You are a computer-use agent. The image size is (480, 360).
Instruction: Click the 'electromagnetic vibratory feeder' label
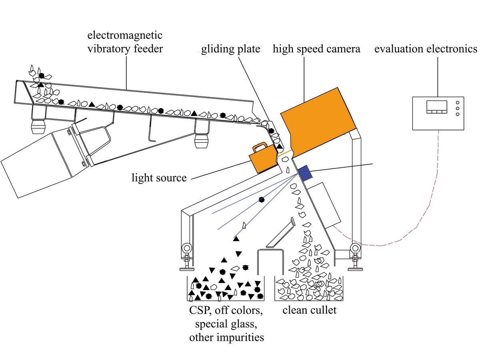pyautogui.click(x=125, y=42)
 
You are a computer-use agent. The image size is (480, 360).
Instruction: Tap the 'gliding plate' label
pyautogui.click(x=230, y=49)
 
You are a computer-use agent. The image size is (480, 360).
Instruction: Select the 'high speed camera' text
pyautogui.click(x=316, y=49)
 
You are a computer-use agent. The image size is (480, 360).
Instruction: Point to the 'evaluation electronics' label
pyautogui.click(x=426, y=48)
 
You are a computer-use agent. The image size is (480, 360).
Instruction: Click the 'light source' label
pyautogui.click(x=159, y=177)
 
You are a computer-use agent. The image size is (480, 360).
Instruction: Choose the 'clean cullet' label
pyautogui.click(x=309, y=310)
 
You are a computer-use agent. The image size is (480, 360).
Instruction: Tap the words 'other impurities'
pyautogui.click(x=226, y=337)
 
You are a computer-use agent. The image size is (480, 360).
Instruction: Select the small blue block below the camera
pyautogui.click(x=304, y=173)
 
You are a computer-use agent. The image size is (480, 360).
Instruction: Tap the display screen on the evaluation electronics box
pyautogui.click(x=436, y=107)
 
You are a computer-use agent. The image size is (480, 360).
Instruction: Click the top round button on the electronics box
pyautogui.click(x=457, y=102)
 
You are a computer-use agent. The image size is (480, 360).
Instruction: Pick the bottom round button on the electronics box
pyautogui.click(x=457, y=114)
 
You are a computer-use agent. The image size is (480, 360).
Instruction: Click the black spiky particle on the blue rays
pyautogui.click(x=261, y=199)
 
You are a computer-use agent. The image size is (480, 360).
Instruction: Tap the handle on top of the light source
pyautogui.click(x=260, y=146)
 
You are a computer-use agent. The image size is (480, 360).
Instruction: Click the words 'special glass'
pyautogui.click(x=226, y=324)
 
